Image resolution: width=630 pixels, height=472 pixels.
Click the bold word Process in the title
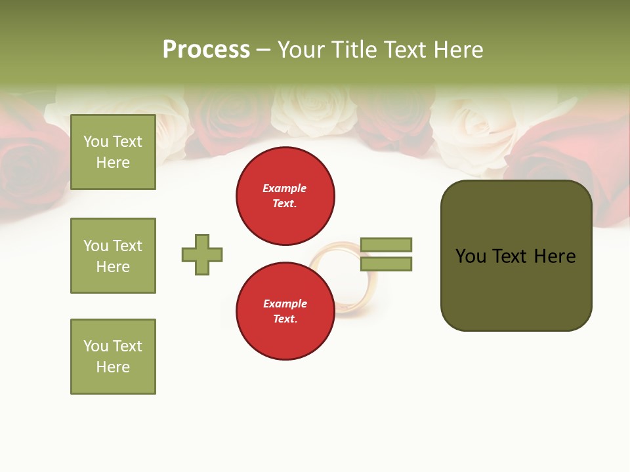(x=206, y=50)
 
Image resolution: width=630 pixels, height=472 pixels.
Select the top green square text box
(x=113, y=152)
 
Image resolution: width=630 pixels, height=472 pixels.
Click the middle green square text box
(x=113, y=256)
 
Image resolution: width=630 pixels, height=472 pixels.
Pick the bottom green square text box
(x=113, y=357)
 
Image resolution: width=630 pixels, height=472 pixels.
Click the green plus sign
(x=202, y=254)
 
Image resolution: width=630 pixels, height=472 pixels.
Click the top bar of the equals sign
(x=386, y=245)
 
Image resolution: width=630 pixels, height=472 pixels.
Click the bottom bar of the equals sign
(x=386, y=264)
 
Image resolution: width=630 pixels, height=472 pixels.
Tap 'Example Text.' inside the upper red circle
(x=285, y=196)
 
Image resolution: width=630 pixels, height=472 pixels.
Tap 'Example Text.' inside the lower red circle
(x=285, y=311)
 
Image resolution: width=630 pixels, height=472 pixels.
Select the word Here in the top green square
(x=113, y=163)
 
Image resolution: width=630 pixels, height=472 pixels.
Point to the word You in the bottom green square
(x=95, y=346)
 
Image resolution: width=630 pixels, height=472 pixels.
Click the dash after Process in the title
(x=263, y=50)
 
